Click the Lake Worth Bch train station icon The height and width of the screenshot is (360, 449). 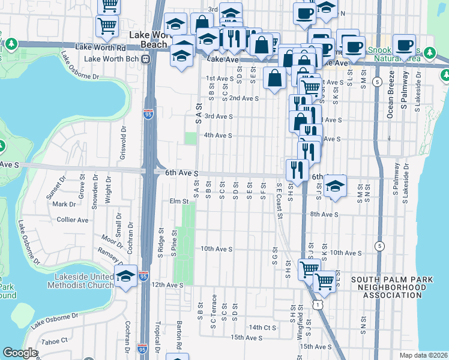click(146, 59)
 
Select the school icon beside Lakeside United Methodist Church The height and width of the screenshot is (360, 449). click(125, 277)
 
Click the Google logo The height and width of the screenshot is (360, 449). click(20, 353)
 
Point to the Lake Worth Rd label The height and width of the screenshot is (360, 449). click(107, 47)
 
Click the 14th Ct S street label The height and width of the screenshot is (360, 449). click(262, 327)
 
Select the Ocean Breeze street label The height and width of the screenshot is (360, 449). click(391, 94)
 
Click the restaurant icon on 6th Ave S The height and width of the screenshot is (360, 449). click(297, 170)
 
